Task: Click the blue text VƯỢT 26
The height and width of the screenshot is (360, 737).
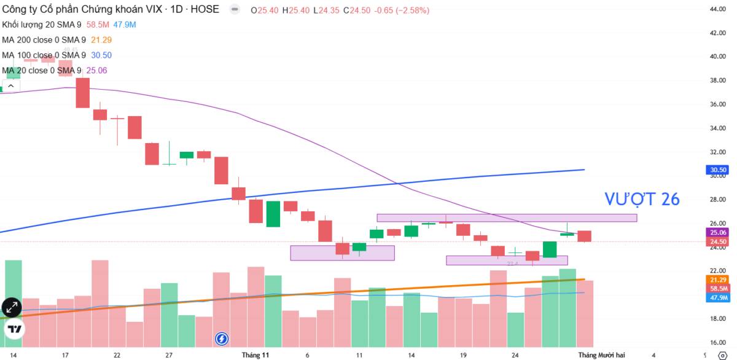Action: point(642,199)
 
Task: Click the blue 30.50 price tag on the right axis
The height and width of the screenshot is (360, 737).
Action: point(718,170)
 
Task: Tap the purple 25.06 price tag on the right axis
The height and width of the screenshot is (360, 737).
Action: point(718,233)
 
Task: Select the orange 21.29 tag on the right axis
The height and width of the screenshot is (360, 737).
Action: point(718,280)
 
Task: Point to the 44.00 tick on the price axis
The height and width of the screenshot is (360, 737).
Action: point(718,9)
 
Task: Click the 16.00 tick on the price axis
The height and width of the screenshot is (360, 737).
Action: point(718,342)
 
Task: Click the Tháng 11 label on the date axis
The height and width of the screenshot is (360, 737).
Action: point(255,355)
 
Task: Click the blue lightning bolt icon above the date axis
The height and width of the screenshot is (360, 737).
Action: point(222,338)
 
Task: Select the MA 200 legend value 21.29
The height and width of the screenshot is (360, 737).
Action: point(100,40)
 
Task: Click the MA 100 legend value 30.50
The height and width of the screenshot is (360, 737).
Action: point(100,55)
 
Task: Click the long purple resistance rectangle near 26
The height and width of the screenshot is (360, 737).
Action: point(506,217)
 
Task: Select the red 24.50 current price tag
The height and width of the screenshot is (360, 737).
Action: point(718,242)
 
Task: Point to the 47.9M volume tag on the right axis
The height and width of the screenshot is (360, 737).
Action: point(718,297)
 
